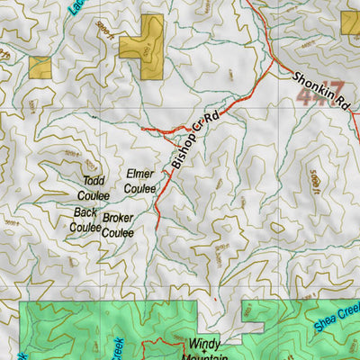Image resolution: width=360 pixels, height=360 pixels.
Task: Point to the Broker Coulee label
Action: pos(118,226)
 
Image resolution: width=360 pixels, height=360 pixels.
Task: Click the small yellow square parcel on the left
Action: pos(40,67)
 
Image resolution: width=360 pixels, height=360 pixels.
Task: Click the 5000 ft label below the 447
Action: pos(312,180)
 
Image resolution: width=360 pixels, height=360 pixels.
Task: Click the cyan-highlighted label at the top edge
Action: pos(73,8)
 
